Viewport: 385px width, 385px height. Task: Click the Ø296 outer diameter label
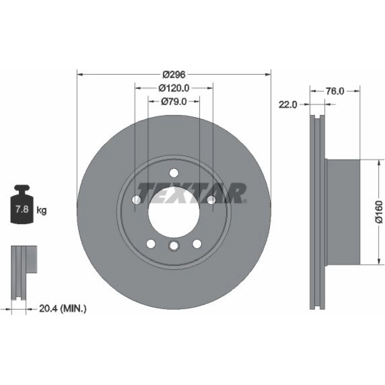[174, 74]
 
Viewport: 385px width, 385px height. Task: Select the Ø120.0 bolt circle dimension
[174, 88]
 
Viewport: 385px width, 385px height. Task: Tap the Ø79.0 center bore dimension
[174, 101]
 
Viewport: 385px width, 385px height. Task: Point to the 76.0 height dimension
[335, 91]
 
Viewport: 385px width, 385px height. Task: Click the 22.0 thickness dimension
[288, 105]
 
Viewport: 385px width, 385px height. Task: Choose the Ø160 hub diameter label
[379, 212]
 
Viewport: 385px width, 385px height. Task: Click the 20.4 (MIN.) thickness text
[63, 308]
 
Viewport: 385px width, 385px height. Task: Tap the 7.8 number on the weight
[22, 209]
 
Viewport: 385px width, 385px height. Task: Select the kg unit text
[42, 211]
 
